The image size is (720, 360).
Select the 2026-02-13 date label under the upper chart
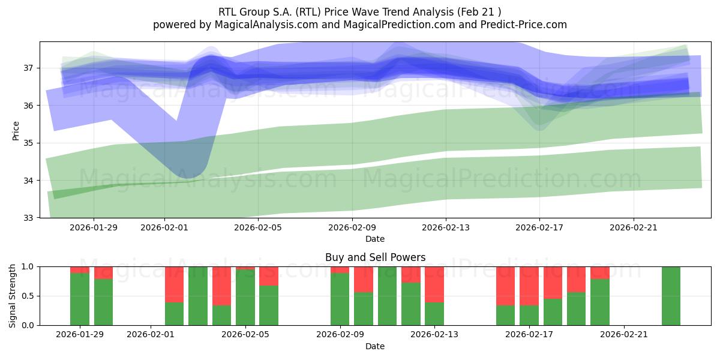pyautogui.click(x=445, y=227)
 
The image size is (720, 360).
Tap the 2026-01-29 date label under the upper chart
pyautogui.click(x=93, y=227)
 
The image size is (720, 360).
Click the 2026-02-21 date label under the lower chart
pyautogui.click(x=624, y=335)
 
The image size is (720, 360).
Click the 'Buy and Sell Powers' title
pyautogui.click(x=375, y=257)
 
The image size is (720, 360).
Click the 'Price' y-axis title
pyautogui.click(x=16, y=130)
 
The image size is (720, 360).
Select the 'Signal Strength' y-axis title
pyautogui.click(x=13, y=296)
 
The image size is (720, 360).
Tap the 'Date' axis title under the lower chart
pyautogui.click(x=375, y=346)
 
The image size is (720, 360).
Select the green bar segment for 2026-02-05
pyautogui.click(x=245, y=298)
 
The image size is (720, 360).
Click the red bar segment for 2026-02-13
pyautogui.click(x=434, y=284)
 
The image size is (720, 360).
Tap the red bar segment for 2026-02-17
pyautogui.click(x=529, y=286)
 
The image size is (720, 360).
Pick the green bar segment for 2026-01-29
pyautogui.click(x=80, y=299)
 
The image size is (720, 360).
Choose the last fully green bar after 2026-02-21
pyautogui.click(x=671, y=296)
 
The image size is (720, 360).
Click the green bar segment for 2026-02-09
pyautogui.click(x=340, y=299)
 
